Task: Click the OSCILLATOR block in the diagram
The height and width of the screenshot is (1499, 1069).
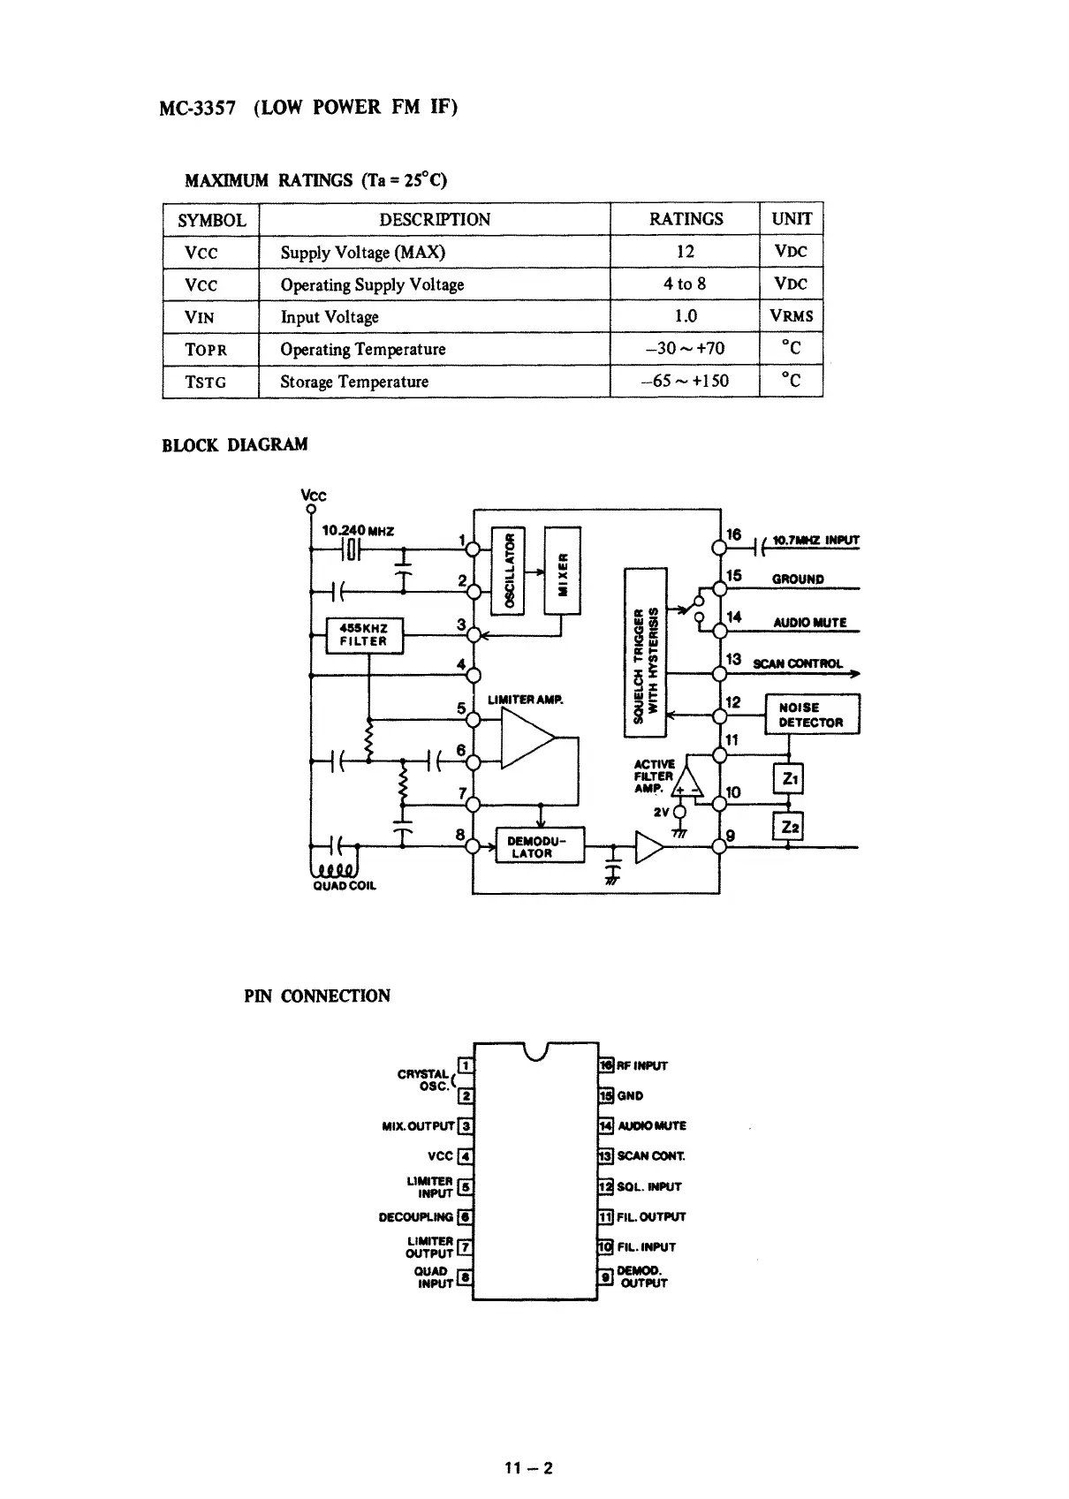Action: click(x=508, y=570)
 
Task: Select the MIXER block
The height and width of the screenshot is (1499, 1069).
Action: click(x=563, y=570)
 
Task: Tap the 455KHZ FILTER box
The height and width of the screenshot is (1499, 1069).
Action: click(x=364, y=635)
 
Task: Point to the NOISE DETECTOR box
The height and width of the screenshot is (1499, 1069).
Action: click(x=811, y=715)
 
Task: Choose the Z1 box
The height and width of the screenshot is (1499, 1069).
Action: click(x=787, y=779)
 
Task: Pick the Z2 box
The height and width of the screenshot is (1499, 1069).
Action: click(x=787, y=827)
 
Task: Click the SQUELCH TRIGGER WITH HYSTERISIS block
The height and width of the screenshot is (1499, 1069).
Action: click(x=645, y=653)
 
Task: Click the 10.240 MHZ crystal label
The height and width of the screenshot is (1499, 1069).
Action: click(x=358, y=531)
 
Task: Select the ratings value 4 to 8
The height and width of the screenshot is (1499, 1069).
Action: click(x=685, y=284)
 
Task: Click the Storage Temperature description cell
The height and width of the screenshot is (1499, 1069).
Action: click(x=354, y=382)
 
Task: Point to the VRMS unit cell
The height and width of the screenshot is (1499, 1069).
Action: click(x=791, y=316)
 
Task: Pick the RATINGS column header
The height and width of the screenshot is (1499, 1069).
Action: click(x=686, y=219)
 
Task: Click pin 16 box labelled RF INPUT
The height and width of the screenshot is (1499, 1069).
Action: click(x=606, y=1066)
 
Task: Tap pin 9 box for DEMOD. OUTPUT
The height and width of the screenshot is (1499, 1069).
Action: click(x=606, y=1276)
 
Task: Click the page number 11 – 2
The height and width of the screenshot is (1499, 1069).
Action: click(x=527, y=1468)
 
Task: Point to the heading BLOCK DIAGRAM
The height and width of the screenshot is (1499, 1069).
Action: click(x=235, y=444)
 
